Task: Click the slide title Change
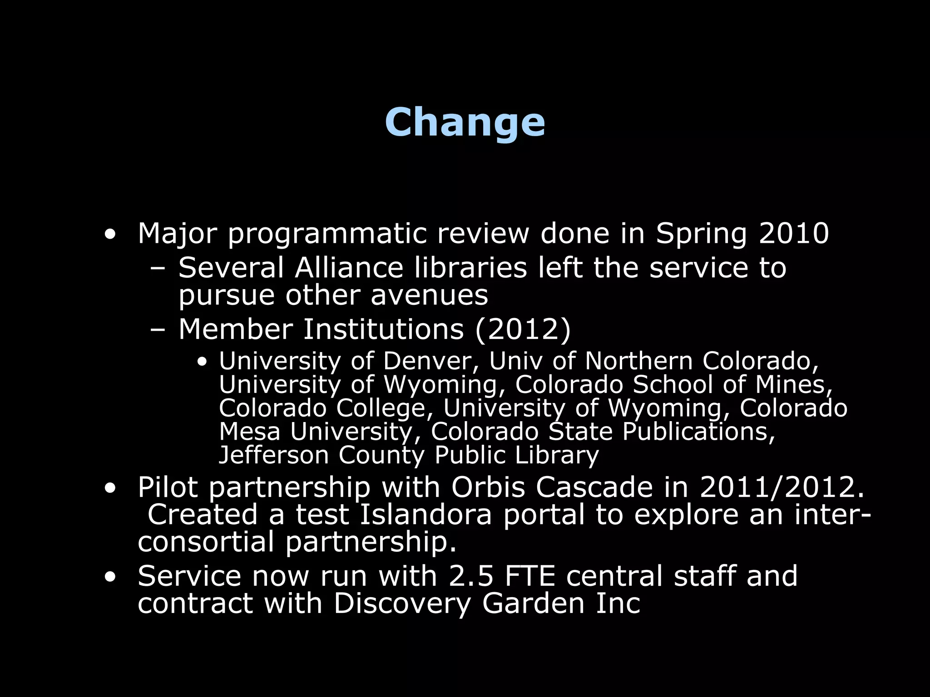point(465,123)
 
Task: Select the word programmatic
point(327,234)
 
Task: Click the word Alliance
point(349,268)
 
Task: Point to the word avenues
point(429,295)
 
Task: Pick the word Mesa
point(249,432)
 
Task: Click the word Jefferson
point(273,455)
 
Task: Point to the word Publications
point(698,432)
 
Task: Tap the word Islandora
point(426,515)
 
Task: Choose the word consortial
point(206,542)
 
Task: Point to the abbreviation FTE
point(530,576)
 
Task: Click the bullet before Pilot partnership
point(109,489)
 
